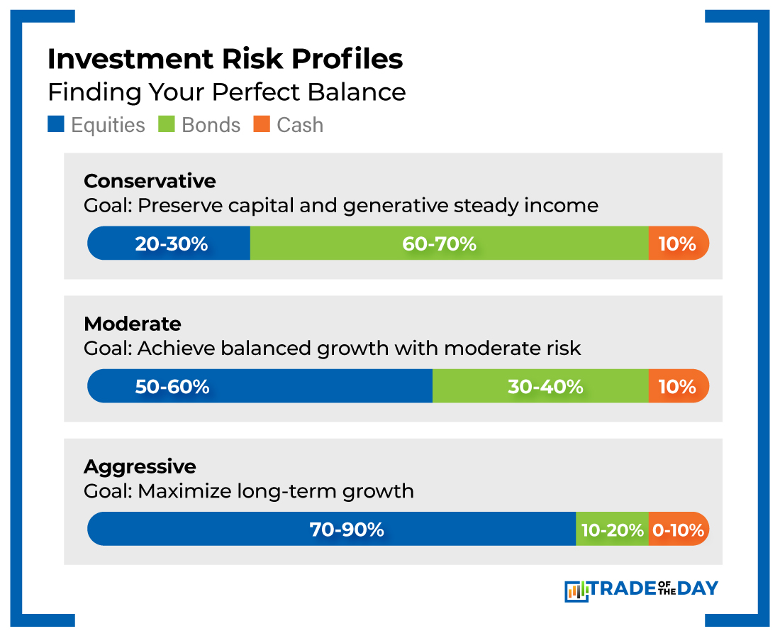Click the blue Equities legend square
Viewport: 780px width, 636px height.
click(56, 125)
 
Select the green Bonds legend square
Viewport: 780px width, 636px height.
click(167, 125)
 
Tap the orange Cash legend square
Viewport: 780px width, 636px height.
click(262, 125)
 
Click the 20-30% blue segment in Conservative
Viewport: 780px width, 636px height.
click(170, 243)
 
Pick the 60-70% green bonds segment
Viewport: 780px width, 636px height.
click(440, 243)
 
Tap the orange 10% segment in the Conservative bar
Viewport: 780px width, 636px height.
click(677, 243)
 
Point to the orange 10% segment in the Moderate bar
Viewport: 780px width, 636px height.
click(677, 386)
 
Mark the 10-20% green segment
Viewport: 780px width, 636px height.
click(612, 530)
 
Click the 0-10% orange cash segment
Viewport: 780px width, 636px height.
click(678, 530)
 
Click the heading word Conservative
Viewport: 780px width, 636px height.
click(150, 181)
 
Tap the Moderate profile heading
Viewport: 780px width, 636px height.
click(133, 324)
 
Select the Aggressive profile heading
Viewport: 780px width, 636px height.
click(140, 467)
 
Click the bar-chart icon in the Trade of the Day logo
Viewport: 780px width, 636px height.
click(576, 590)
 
